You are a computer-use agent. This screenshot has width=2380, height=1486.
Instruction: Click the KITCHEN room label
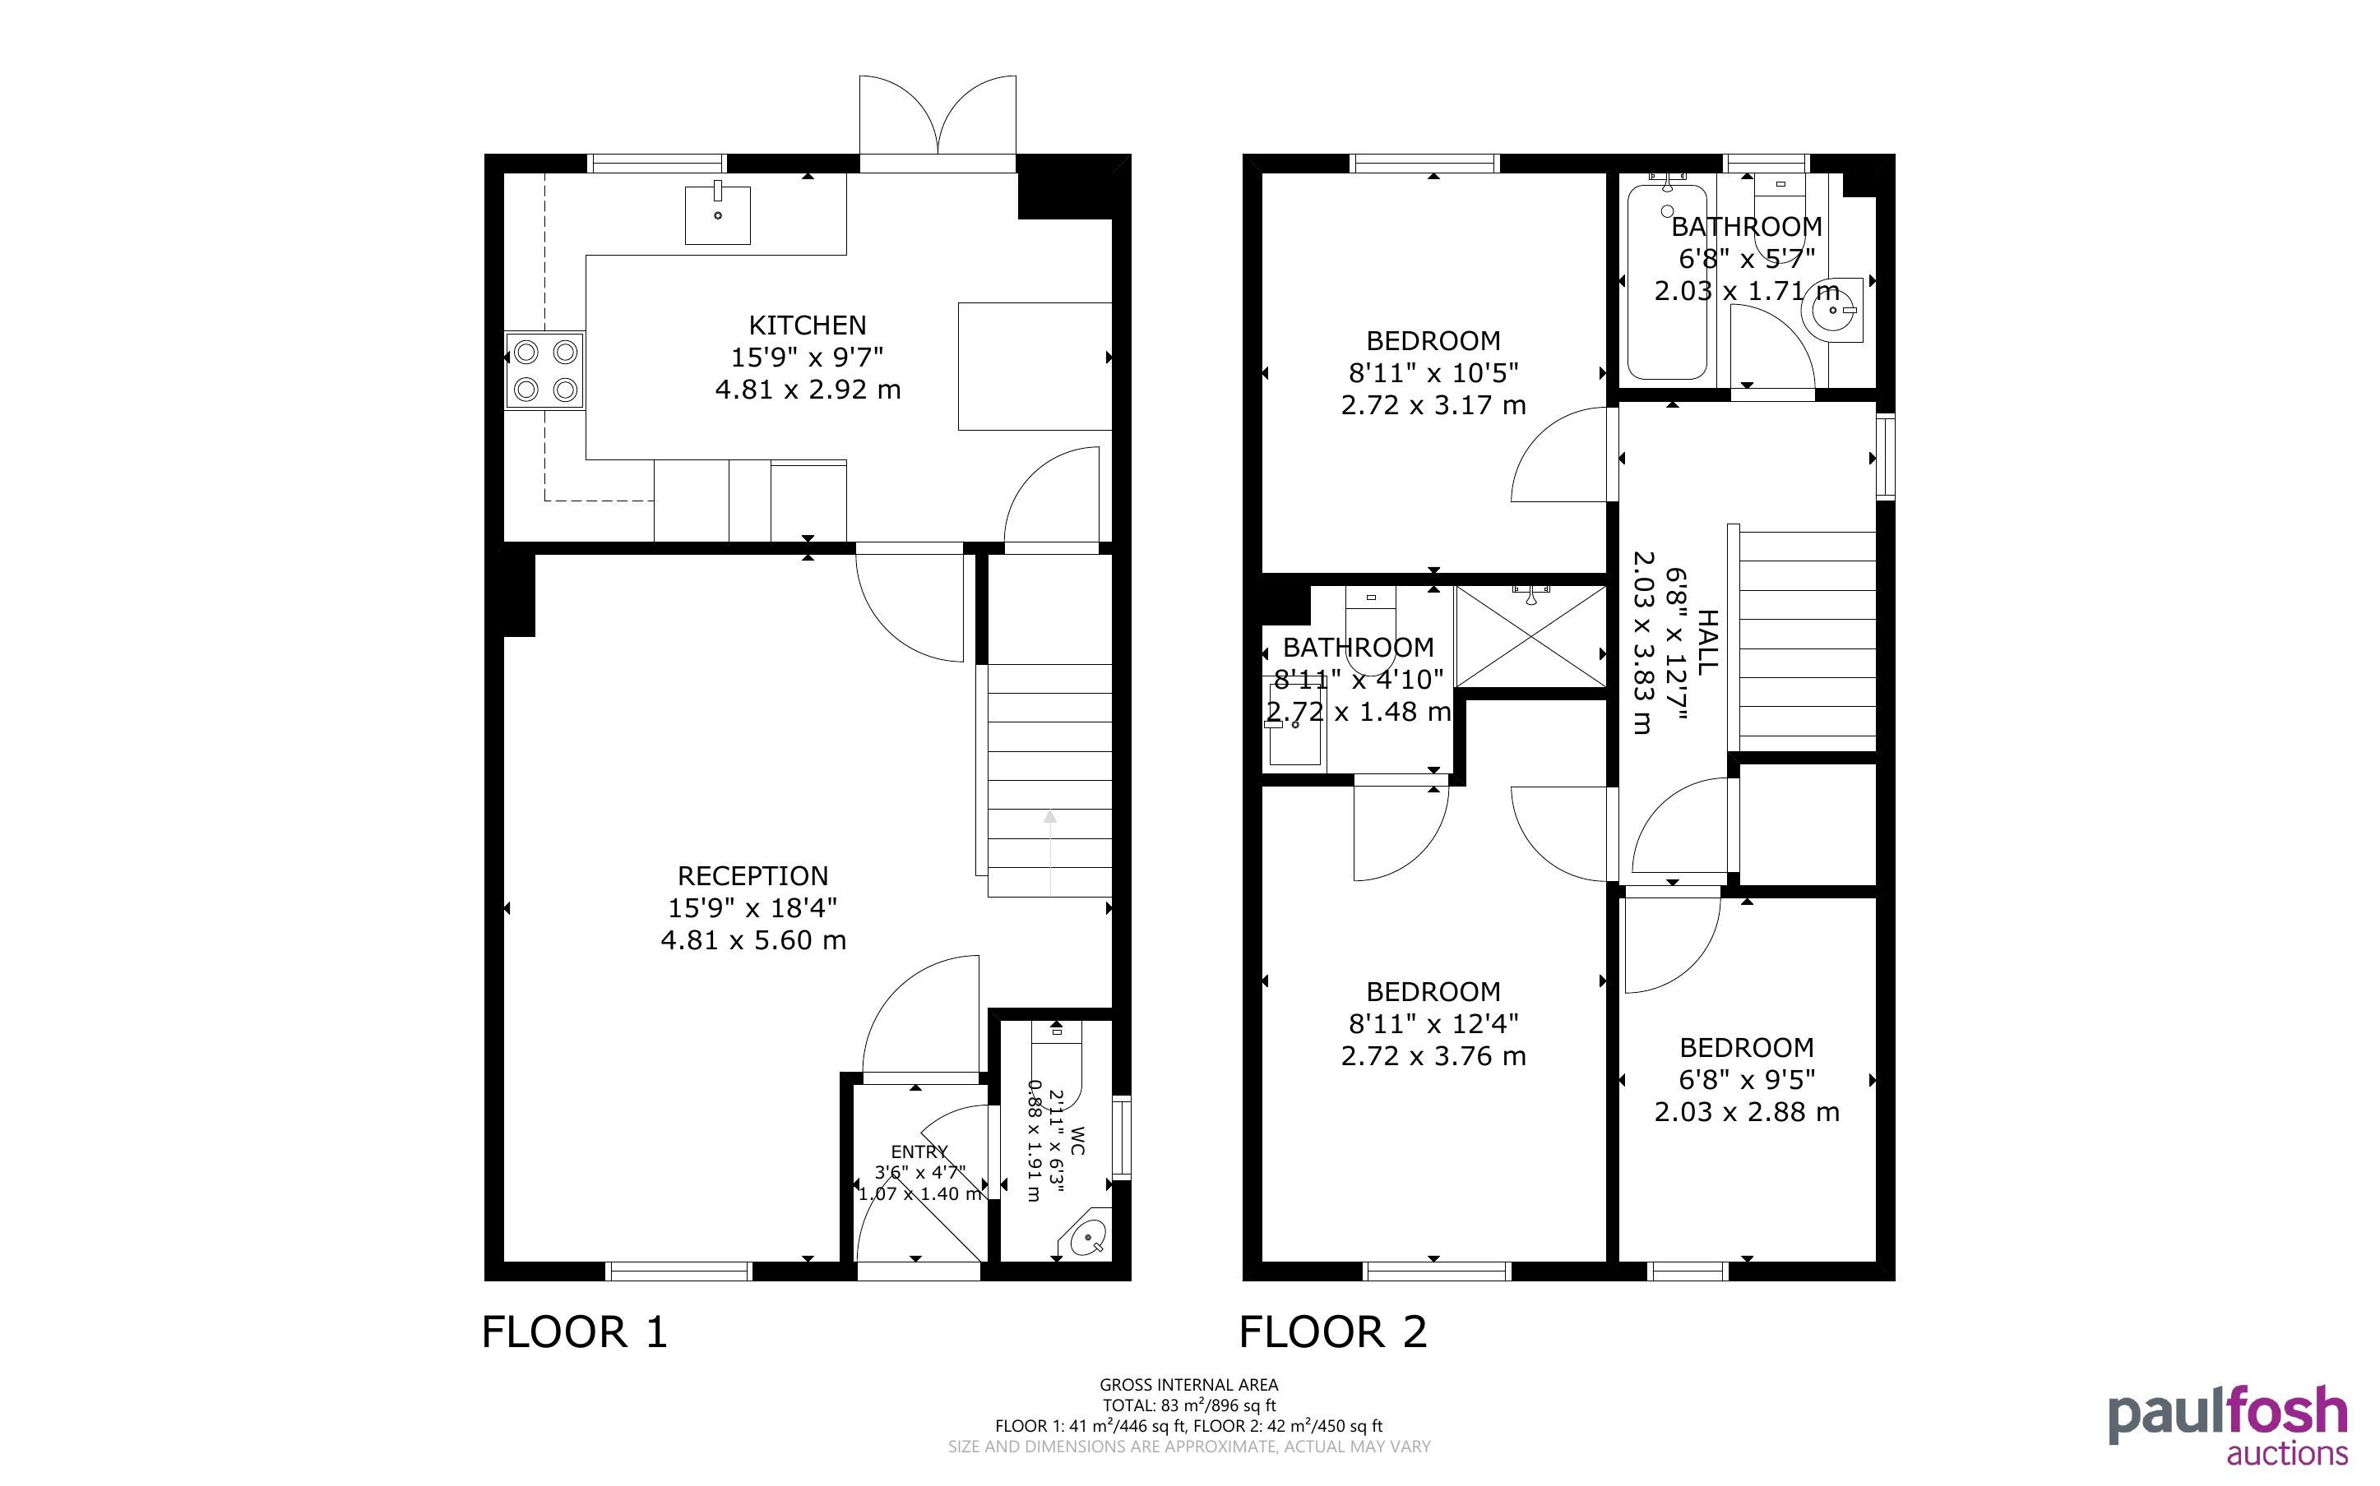pos(807,325)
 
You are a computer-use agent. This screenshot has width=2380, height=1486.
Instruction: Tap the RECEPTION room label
pos(753,875)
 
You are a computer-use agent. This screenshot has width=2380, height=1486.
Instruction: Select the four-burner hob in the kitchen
pos(545,371)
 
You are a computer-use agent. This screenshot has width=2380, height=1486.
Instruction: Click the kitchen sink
pos(718,215)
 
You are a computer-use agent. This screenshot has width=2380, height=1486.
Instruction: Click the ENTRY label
pos(919,1151)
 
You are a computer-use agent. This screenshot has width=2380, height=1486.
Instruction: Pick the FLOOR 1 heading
pos(575,1332)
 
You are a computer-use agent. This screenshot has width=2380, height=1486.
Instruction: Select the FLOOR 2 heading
pos(1333,1332)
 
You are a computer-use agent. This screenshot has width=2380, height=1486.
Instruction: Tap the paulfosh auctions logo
pos(2228,1426)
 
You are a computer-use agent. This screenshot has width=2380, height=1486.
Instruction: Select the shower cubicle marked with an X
pos(1530,636)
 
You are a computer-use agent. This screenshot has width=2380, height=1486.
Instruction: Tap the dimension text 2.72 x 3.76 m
pos(1433,1056)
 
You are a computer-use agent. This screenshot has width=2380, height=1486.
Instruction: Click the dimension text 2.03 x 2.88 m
pos(1747,1113)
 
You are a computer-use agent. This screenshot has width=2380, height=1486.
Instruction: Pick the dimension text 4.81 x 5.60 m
pos(753,940)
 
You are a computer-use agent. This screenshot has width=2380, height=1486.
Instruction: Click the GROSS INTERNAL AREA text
pos(1188,1386)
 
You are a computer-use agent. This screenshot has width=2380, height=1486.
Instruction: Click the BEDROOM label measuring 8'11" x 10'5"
pos(1433,341)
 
